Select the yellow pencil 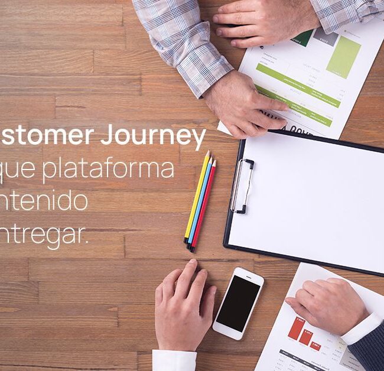pos(196,195)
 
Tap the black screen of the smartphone pos(237,302)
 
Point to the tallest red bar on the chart pos(295,328)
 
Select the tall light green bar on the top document pos(343,56)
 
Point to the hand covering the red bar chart pos(328,304)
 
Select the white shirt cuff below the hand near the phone pos(174,360)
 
